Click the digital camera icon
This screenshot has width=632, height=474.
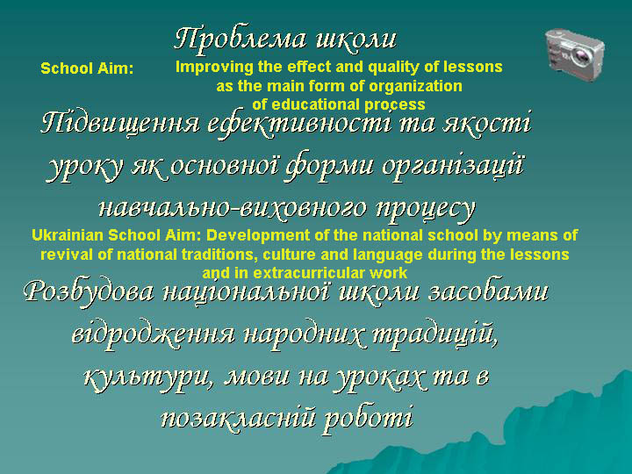tap(575, 55)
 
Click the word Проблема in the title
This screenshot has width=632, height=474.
tap(241, 39)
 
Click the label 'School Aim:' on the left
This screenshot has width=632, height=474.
tap(87, 68)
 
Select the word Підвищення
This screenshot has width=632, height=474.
tap(119, 124)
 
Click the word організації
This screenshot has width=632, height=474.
tap(452, 166)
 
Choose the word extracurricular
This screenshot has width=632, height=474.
tap(310, 274)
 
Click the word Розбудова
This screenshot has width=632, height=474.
tap(89, 291)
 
